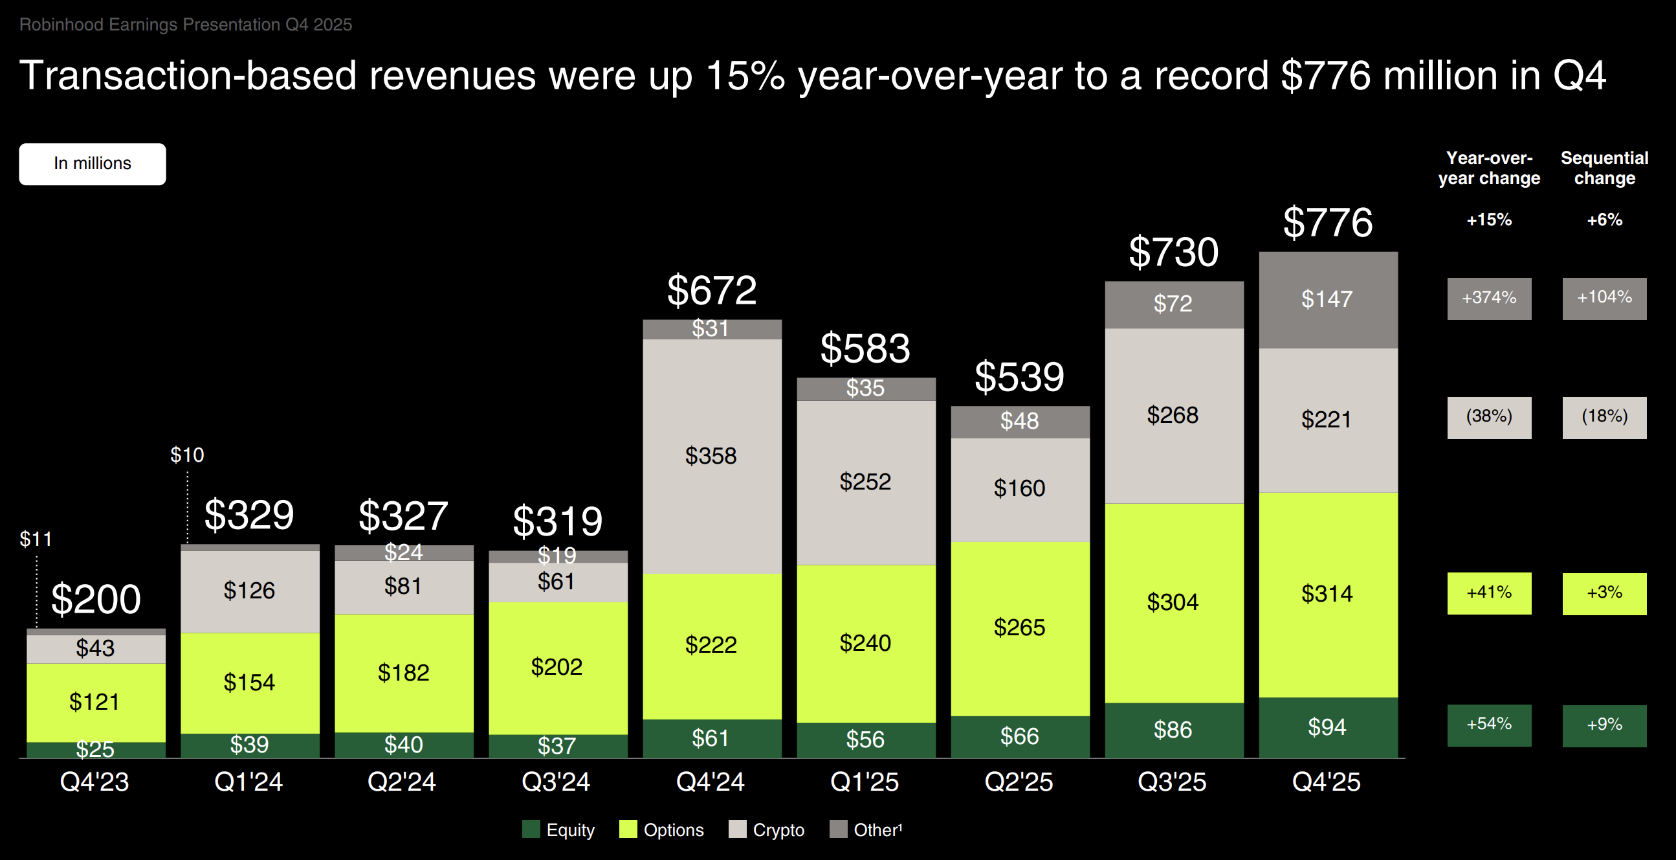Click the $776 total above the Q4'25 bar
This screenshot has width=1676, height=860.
(x=1327, y=223)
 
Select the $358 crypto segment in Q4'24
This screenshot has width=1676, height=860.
(x=711, y=456)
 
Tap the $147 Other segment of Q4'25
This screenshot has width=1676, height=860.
(x=1327, y=299)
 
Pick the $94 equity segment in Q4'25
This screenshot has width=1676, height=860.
(x=1327, y=727)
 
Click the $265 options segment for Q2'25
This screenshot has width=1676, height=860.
(x=1020, y=628)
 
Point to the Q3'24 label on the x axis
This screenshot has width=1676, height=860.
(x=557, y=782)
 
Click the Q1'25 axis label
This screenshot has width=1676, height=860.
(x=865, y=782)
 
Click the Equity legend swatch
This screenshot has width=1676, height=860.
(x=531, y=830)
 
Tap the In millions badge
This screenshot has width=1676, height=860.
(x=93, y=164)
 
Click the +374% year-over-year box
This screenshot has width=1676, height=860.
(x=1488, y=298)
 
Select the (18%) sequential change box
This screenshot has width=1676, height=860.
(x=1604, y=416)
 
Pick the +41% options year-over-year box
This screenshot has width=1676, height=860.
(x=1488, y=593)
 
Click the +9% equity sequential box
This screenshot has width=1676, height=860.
(x=1604, y=725)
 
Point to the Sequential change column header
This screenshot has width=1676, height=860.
(x=1604, y=168)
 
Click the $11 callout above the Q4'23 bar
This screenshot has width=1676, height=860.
(x=35, y=539)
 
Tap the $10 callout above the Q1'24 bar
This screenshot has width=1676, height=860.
(x=188, y=455)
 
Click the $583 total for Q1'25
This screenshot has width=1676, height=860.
(x=865, y=348)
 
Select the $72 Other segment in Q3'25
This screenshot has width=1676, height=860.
(x=1173, y=304)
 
